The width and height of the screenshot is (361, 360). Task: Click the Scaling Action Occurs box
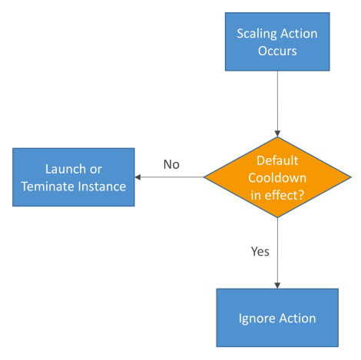[277, 41]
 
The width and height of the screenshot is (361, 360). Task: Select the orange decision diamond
[277, 177]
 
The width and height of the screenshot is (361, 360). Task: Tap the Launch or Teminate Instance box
[74, 177]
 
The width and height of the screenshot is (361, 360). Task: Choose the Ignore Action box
[277, 318]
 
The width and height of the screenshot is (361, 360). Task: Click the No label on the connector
[171, 164]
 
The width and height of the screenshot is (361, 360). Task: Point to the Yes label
[260, 252]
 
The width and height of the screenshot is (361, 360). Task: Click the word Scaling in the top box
[257, 34]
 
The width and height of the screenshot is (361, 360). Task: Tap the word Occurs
[277, 51]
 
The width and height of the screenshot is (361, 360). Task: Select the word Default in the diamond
[277, 160]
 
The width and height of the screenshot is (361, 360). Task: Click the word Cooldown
[277, 178]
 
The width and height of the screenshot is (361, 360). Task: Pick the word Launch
[65, 169]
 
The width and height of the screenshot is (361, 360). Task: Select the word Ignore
[257, 319]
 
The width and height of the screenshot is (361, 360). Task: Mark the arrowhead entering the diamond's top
[277, 134]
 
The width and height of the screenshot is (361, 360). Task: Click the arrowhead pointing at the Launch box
[137, 177]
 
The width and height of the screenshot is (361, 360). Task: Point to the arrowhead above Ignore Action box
[277, 286]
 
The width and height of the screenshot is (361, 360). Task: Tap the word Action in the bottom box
[297, 319]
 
